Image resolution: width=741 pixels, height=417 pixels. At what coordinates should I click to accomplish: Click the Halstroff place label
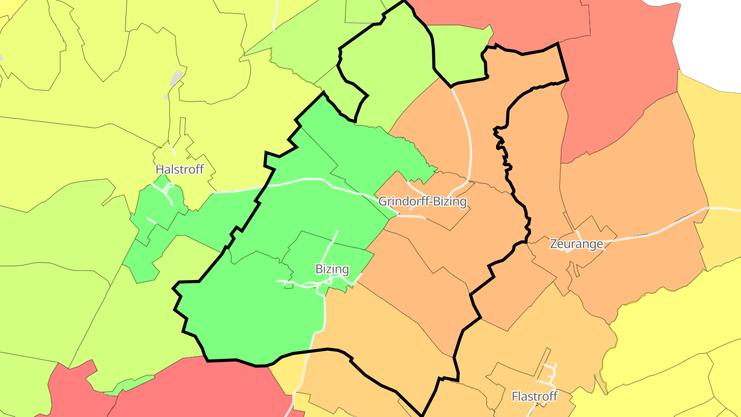(x=180, y=169)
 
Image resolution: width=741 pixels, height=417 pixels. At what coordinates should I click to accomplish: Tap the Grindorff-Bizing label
(x=422, y=201)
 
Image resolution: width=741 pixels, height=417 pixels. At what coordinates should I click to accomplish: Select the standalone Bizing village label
(x=332, y=269)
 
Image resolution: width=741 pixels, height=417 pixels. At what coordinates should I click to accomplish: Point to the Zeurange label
(x=576, y=244)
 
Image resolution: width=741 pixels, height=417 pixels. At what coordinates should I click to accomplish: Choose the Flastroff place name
(x=534, y=396)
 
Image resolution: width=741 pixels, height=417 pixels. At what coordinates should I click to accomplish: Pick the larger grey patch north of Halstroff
(x=176, y=79)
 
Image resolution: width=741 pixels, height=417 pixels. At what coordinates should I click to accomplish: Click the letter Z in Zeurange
(x=554, y=244)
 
